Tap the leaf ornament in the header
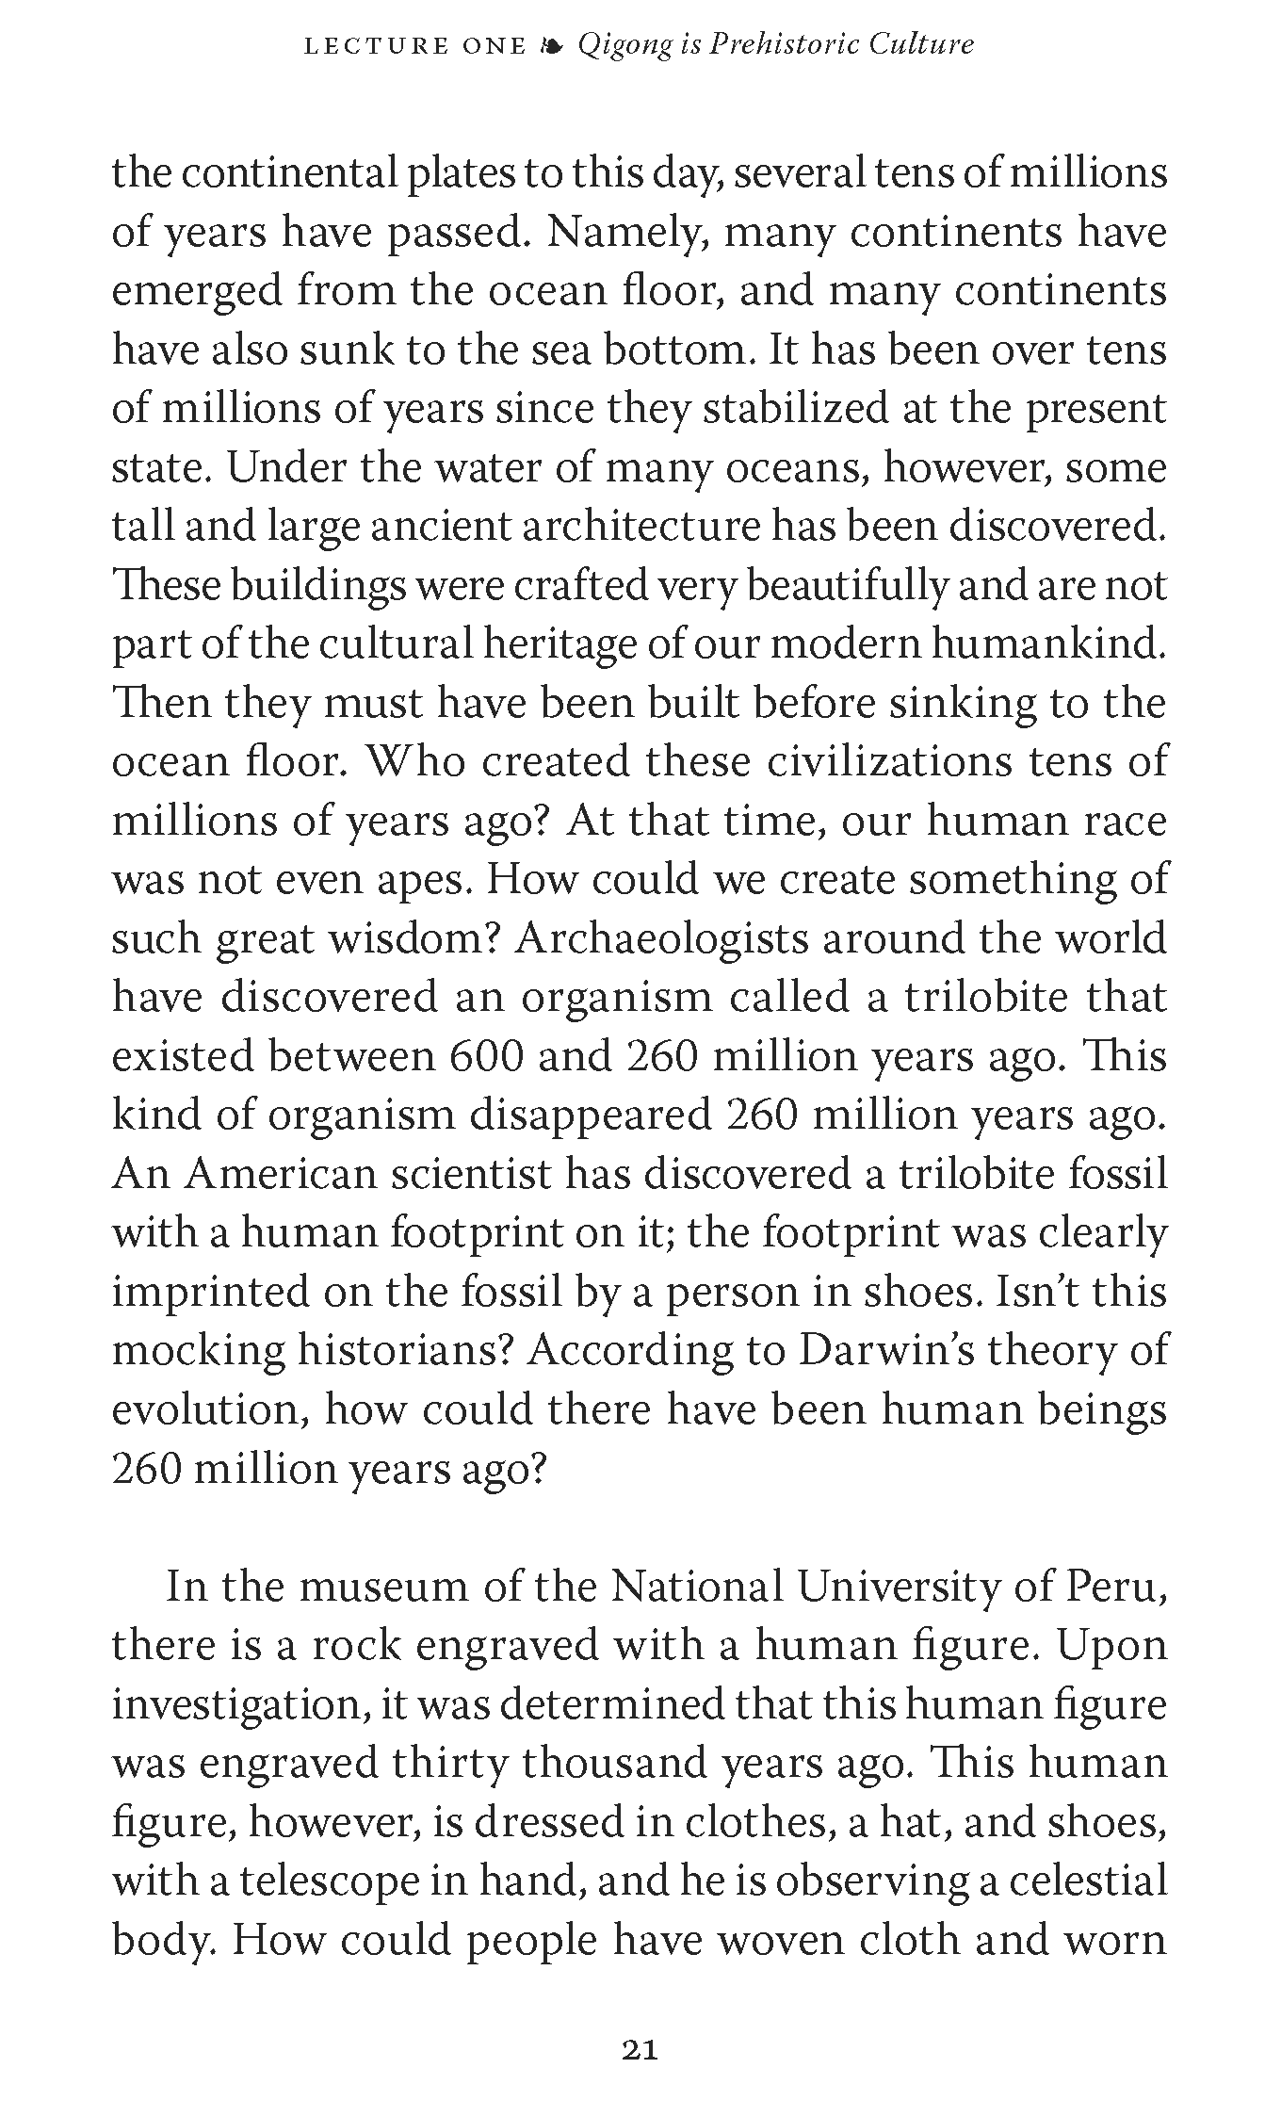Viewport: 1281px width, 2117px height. [552, 44]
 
